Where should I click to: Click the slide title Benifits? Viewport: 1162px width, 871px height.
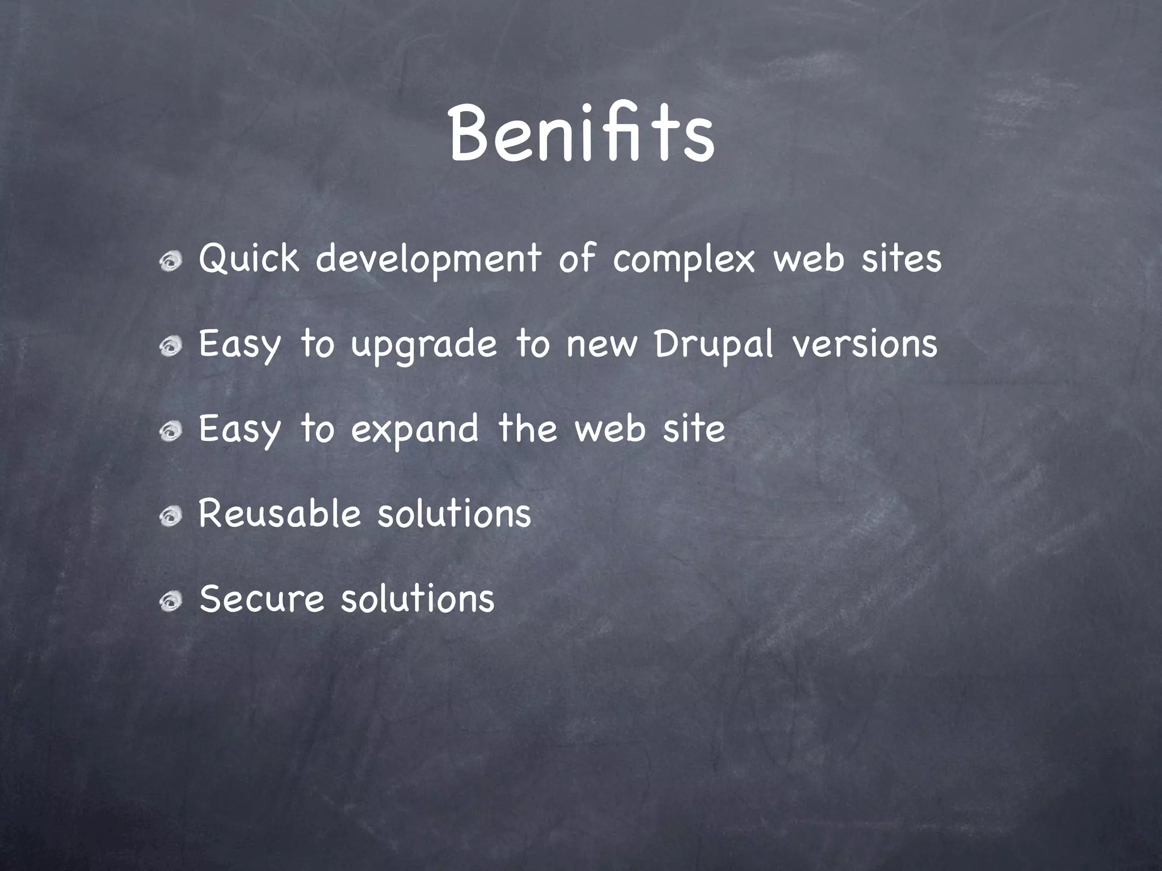tap(581, 135)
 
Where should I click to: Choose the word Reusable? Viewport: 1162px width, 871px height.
tap(280, 514)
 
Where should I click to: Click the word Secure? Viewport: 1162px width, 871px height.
tap(262, 599)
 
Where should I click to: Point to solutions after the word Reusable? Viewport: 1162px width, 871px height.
tap(454, 514)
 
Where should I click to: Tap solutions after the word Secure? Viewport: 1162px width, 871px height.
tap(418, 599)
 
